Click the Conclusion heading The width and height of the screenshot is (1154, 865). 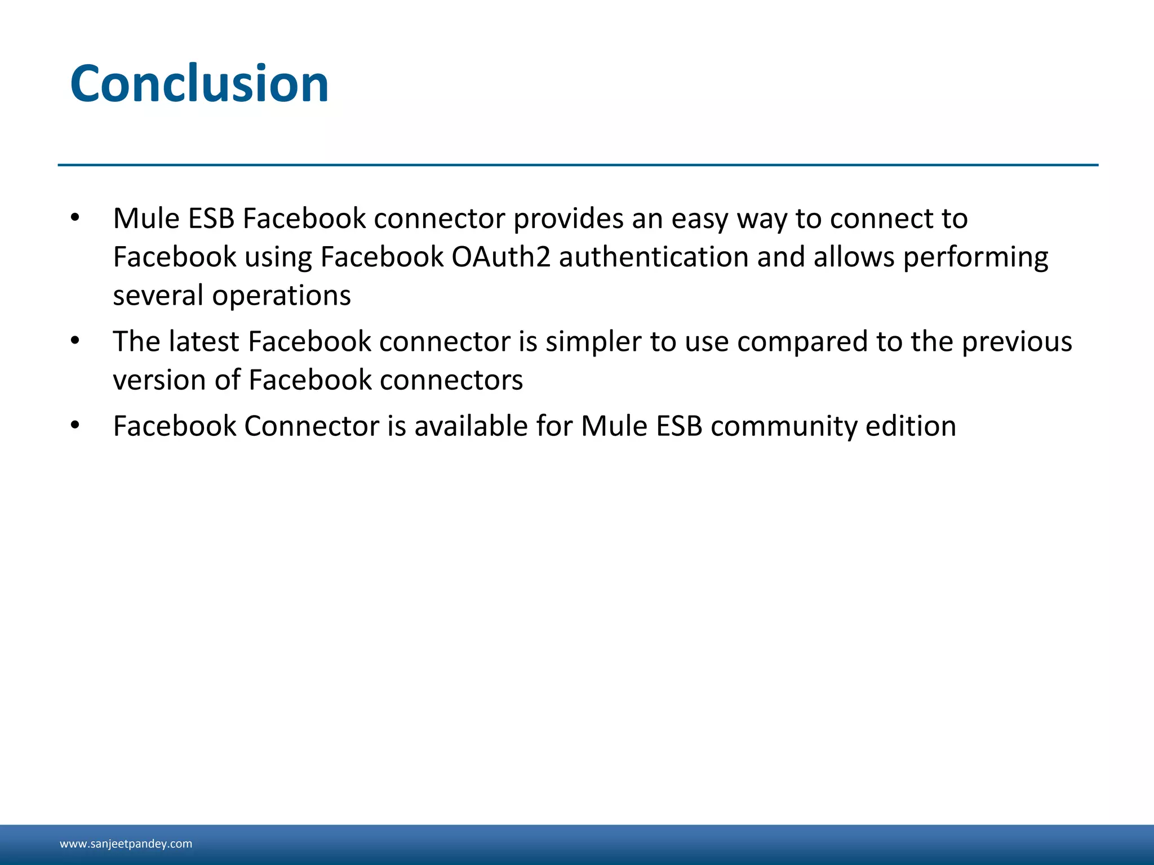[199, 84]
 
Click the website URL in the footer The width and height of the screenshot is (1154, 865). [126, 844]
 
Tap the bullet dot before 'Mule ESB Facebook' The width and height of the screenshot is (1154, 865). [76, 218]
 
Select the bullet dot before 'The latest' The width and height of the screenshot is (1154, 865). [76, 341]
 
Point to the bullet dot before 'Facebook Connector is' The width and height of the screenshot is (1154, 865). [76, 425]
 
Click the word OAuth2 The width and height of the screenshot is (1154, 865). [501, 257]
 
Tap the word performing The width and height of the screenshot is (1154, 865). [975, 258]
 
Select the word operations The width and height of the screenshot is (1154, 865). [281, 296]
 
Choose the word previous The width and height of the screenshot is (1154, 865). [1017, 342]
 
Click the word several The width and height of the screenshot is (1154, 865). [158, 296]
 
